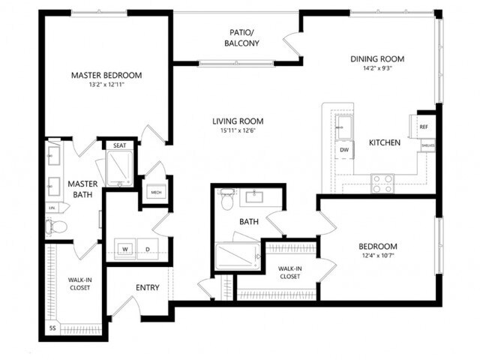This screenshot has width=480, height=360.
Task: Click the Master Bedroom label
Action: click(x=106, y=75)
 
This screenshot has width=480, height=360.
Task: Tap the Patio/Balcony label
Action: click(x=241, y=37)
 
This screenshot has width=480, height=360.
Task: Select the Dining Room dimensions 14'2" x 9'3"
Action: click(x=377, y=68)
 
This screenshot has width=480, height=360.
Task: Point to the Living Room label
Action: click(x=237, y=121)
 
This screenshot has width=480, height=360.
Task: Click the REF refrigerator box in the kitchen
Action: click(x=424, y=127)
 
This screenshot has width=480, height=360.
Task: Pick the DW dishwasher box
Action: click(x=344, y=150)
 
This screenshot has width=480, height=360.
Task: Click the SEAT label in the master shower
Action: click(x=119, y=145)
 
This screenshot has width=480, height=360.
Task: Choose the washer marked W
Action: click(x=125, y=249)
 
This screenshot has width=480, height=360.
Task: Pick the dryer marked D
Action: click(x=147, y=249)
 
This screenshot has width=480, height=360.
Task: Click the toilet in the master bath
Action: click(x=58, y=225)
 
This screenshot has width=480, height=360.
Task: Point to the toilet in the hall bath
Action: click(x=227, y=201)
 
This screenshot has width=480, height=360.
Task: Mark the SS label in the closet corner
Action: click(x=52, y=328)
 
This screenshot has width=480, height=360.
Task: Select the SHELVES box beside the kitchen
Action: click(x=427, y=145)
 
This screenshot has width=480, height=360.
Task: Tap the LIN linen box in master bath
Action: click(x=52, y=207)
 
